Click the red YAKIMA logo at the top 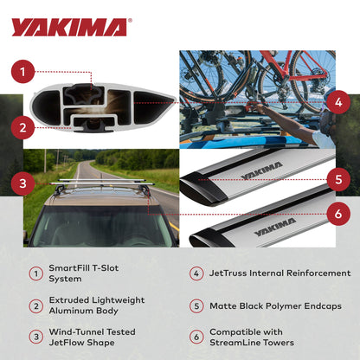coord(68,27)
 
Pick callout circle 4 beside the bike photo coord(338,101)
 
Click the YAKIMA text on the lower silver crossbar coord(275,227)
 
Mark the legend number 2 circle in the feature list coord(35,305)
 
